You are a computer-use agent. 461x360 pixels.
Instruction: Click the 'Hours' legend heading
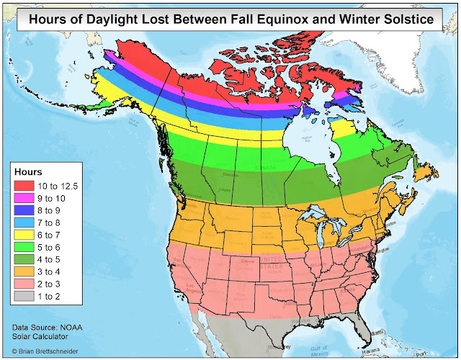pyautogui.click(x=30, y=173)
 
